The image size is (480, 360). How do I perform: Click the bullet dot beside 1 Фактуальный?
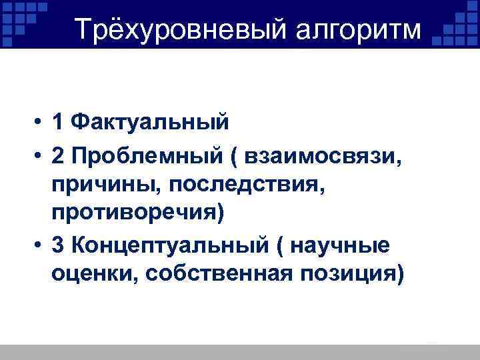click(x=41, y=123)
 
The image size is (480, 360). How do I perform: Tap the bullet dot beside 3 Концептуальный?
click(x=41, y=246)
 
